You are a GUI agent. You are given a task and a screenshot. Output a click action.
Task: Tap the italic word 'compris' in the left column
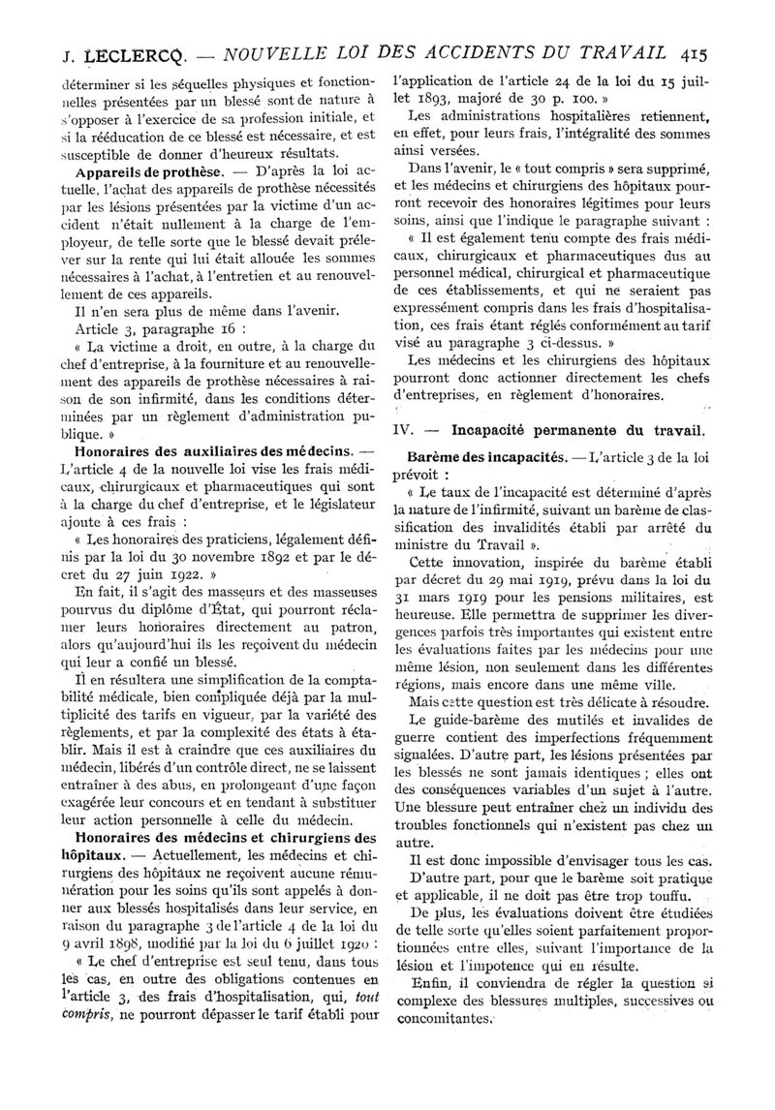click(x=75, y=1018)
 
